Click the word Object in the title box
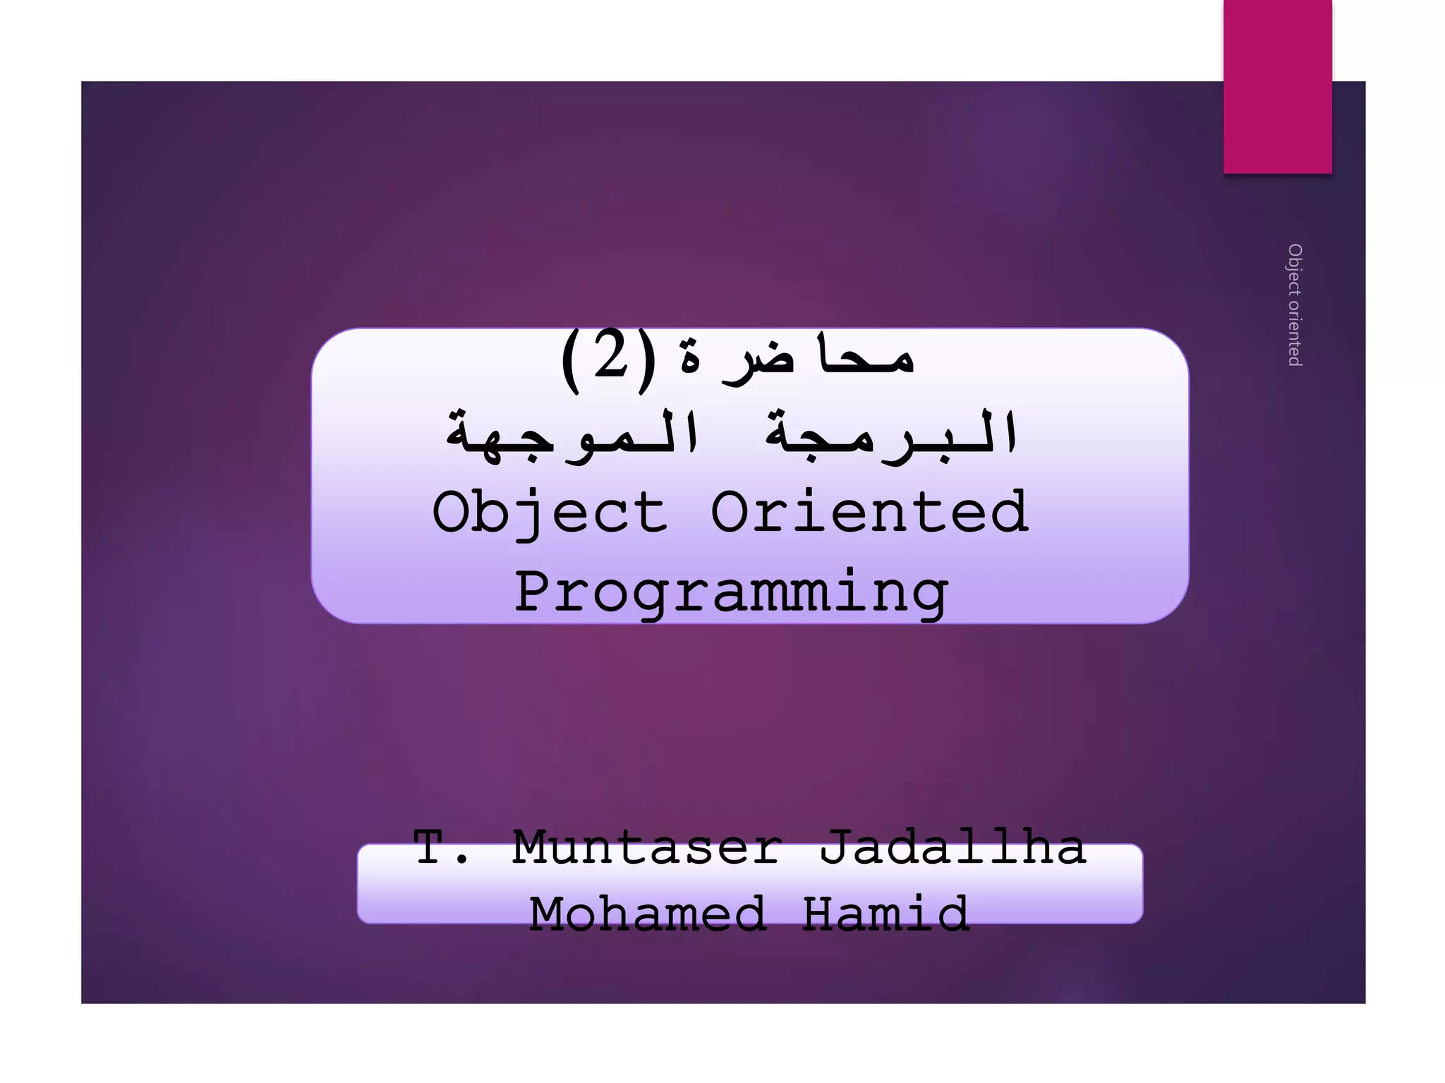[x=550, y=513]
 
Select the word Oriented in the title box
[x=869, y=513]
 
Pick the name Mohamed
[x=648, y=914]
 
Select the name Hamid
[x=885, y=914]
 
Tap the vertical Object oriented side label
[x=1295, y=305]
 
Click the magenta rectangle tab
[x=1278, y=86]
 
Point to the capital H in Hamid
[x=822, y=914]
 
